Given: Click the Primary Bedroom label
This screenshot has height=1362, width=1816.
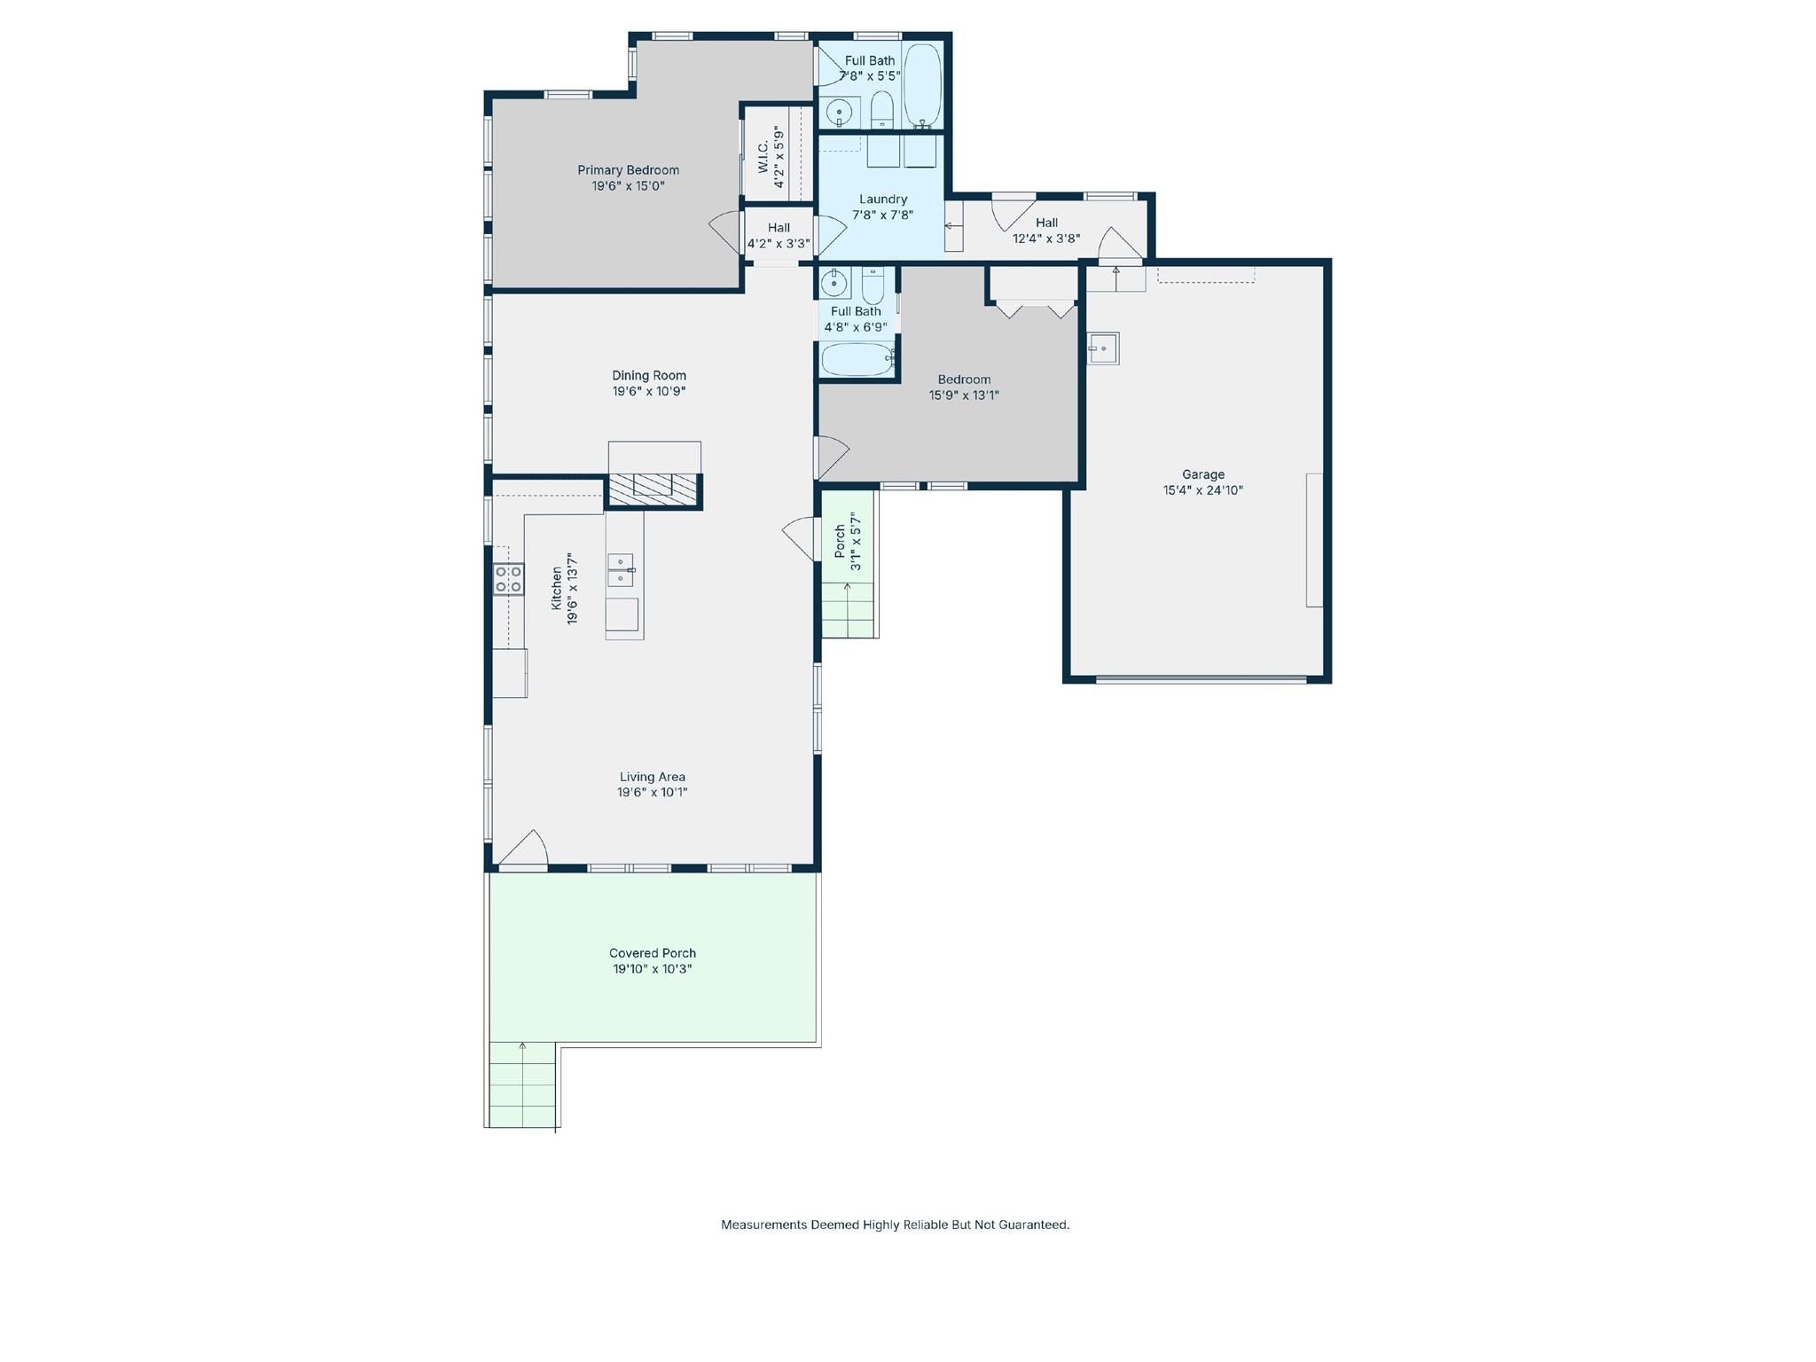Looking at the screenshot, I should coord(628,170).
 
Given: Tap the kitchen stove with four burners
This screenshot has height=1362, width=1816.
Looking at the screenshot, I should coord(509,579).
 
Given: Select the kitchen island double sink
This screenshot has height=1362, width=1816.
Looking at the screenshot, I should coord(620,569).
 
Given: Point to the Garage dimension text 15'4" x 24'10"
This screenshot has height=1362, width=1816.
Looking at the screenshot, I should coord(1202,490).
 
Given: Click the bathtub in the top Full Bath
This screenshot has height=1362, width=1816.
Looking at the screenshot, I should coord(922,84).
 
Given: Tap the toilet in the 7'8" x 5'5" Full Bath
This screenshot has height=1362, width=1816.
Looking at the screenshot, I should coord(881,111).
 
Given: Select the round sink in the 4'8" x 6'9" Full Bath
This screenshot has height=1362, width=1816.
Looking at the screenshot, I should coord(834,284).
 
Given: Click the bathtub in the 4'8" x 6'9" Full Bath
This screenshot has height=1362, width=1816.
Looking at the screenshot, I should coord(857,360).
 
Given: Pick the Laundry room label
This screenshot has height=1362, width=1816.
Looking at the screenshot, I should coord(882,200).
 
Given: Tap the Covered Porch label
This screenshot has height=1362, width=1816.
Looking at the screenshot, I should coord(652,953).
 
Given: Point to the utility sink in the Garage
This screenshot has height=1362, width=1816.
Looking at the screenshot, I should coord(1102,348).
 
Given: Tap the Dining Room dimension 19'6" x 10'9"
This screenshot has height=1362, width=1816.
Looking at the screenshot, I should coord(648,391).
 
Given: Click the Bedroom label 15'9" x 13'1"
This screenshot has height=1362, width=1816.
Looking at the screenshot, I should coord(964,387).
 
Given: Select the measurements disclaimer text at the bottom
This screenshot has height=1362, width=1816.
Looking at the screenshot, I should coord(895,1225).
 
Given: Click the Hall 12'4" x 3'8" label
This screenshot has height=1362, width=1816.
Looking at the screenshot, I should coord(1046,231).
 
